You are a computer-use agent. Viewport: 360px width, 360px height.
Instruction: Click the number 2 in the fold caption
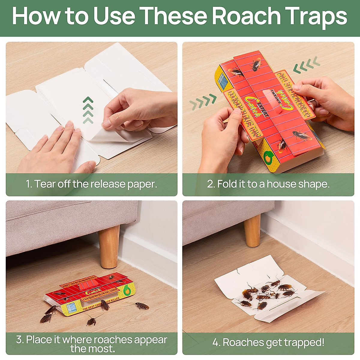pos(210,184)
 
